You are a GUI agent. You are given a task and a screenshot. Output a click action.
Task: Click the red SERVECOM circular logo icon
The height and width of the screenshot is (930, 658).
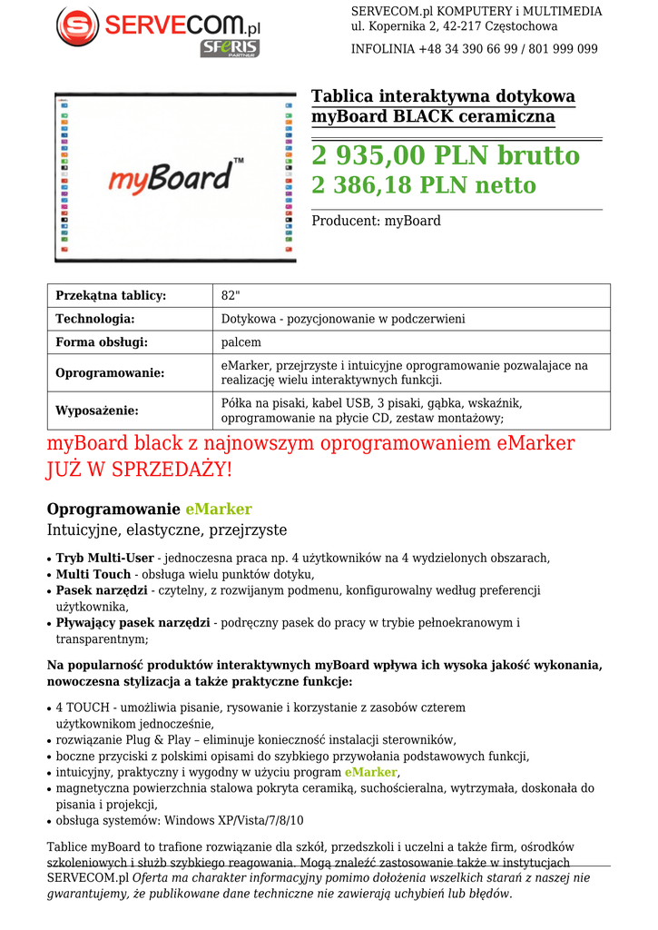tap(77, 27)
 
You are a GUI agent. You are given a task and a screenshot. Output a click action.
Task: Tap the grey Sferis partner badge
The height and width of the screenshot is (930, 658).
tap(230, 48)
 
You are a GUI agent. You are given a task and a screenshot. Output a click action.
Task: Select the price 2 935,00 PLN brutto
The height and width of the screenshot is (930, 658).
tap(445, 156)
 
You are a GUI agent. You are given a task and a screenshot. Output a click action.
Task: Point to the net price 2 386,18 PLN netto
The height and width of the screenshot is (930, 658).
tap(423, 186)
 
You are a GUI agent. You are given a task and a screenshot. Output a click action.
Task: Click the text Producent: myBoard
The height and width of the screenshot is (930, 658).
tap(376, 221)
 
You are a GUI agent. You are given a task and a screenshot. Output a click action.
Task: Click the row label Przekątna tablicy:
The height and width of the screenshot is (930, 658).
tap(111, 296)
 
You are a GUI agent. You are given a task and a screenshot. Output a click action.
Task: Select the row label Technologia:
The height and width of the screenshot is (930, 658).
tap(95, 319)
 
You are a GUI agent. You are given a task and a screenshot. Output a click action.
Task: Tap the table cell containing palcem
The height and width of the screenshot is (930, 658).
tap(241, 342)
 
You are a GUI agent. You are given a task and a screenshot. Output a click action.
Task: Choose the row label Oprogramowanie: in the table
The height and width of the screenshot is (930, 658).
tap(110, 373)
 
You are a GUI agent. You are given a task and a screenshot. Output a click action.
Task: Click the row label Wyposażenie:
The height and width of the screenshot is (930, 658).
tap(97, 411)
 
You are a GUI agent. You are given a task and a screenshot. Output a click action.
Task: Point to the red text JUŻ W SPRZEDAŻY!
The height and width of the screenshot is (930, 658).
tap(140, 470)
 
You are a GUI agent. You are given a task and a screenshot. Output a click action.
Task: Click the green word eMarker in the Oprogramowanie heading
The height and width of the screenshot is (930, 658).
tap(219, 510)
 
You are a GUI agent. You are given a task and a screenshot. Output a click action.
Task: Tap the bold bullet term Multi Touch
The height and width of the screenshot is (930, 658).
tap(93, 575)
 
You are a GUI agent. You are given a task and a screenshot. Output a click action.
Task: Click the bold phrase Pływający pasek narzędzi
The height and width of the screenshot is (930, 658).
tap(133, 623)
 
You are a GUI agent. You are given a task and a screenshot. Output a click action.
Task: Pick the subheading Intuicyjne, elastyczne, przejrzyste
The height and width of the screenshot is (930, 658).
tap(167, 530)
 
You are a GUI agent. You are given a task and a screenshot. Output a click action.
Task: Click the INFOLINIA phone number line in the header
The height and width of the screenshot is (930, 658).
tap(474, 49)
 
